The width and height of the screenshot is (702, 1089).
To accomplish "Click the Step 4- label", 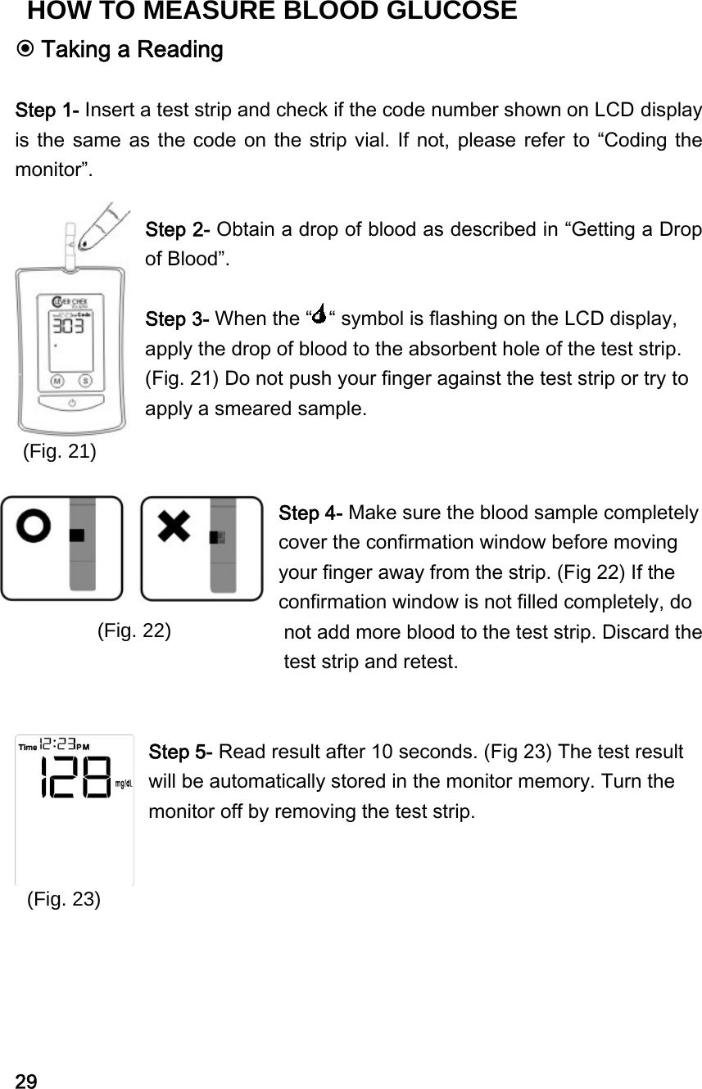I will (x=311, y=513).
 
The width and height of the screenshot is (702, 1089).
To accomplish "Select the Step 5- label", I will (x=181, y=752).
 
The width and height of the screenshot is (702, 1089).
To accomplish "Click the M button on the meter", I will (x=57, y=381).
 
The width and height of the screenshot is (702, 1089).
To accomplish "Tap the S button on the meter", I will (x=84, y=381).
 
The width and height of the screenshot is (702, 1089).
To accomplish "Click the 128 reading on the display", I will (x=75, y=776).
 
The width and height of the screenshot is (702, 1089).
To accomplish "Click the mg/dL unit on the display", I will (x=124, y=783).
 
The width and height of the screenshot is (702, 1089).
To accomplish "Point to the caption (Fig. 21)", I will (x=59, y=450).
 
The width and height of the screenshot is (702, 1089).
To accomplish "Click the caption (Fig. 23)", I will (x=64, y=898).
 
